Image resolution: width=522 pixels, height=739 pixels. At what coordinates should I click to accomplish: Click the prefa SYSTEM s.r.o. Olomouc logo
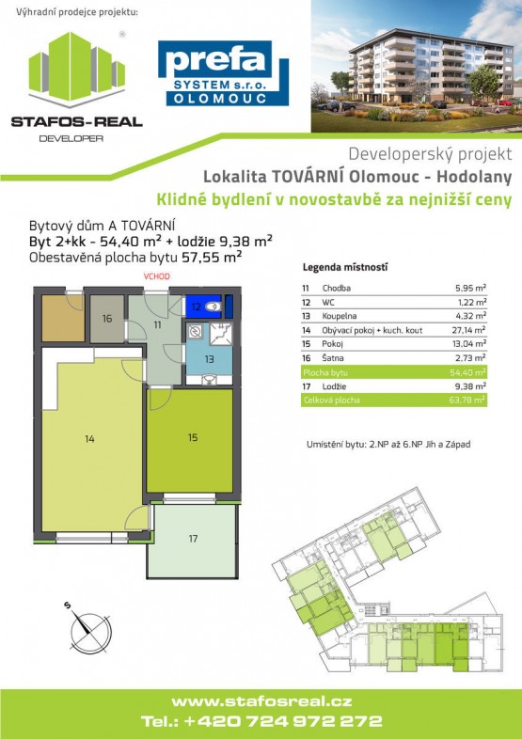[x=223, y=72]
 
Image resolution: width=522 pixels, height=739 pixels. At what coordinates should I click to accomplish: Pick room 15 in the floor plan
[x=192, y=437]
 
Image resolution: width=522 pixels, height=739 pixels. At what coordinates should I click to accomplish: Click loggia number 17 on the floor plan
[x=193, y=539]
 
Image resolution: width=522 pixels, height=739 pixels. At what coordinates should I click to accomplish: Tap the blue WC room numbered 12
[x=200, y=306]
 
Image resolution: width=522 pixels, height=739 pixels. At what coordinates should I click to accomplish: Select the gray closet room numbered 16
[x=107, y=319]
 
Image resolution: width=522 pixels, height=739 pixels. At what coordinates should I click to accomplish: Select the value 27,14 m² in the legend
[x=467, y=331]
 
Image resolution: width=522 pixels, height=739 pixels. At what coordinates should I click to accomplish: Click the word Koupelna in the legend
[x=339, y=317]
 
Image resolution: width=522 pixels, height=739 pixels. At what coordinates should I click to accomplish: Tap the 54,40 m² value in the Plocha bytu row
[x=467, y=373]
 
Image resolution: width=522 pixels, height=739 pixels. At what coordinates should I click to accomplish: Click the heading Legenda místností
[x=344, y=267]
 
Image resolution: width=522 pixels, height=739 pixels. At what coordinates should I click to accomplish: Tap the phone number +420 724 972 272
[x=261, y=722]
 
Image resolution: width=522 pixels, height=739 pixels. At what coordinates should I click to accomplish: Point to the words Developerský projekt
[x=430, y=152]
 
